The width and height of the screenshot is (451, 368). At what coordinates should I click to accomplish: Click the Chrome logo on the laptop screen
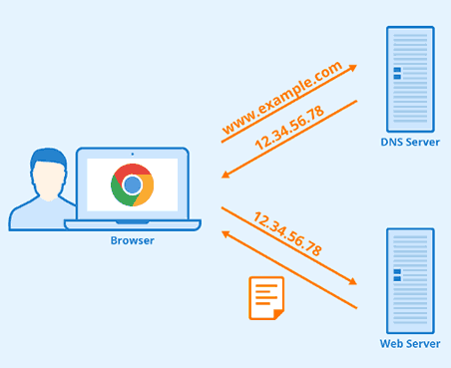tap(132, 185)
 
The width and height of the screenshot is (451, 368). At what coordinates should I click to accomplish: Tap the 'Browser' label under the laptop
tap(132, 240)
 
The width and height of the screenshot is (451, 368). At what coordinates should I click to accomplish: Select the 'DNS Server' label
tap(409, 143)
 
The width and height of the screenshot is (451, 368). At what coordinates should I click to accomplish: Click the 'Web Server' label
tap(409, 344)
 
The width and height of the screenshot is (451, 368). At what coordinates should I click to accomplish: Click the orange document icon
tap(266, 297)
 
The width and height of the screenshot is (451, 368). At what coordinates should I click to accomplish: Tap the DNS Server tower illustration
tap(410, 75)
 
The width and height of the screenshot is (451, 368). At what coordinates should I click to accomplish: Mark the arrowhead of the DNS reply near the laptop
tap(226, 176)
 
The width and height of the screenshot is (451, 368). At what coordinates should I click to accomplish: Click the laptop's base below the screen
tap(132, 224)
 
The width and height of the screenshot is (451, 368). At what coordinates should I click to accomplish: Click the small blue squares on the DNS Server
tap(397, 73)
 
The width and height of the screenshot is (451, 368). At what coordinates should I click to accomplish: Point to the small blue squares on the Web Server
tap(397, 274)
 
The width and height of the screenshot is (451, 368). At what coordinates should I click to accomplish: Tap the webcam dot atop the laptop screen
tap(132, 153)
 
